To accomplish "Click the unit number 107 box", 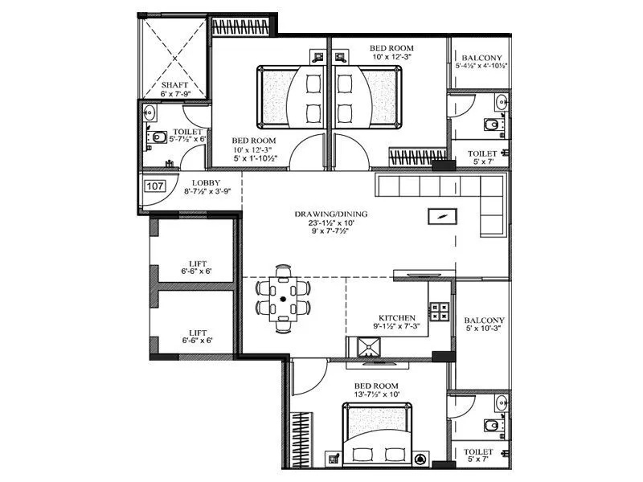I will pos(155,186).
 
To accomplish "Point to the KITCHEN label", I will pos(396,317).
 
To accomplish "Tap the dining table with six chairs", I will pos(285,297).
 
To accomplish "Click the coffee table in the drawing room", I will pos(443,216).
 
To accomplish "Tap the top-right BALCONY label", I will pos(481,58).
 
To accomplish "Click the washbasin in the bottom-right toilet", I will pos(502,401).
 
